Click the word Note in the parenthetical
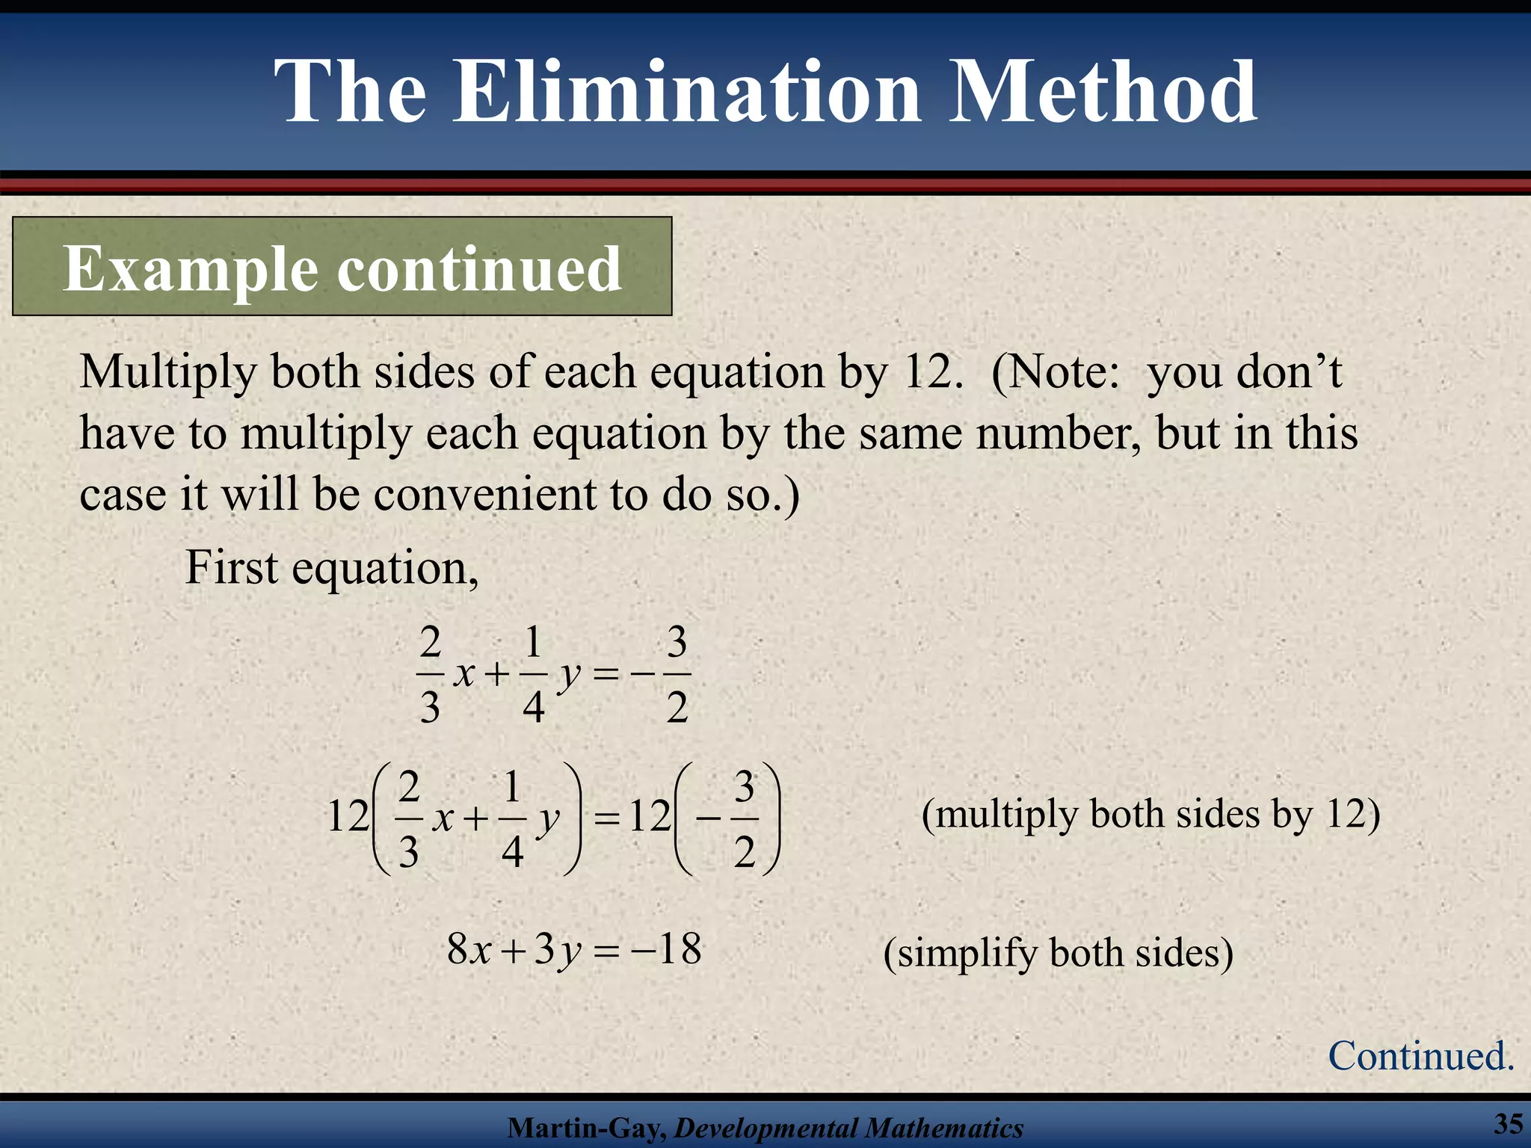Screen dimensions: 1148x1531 [1062, 371]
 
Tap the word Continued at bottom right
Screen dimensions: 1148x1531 [1420, 1055]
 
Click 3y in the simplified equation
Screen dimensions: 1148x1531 [558, 951]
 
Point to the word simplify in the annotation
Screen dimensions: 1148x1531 [967, 954]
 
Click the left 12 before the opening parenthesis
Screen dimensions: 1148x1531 [348, 816]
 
